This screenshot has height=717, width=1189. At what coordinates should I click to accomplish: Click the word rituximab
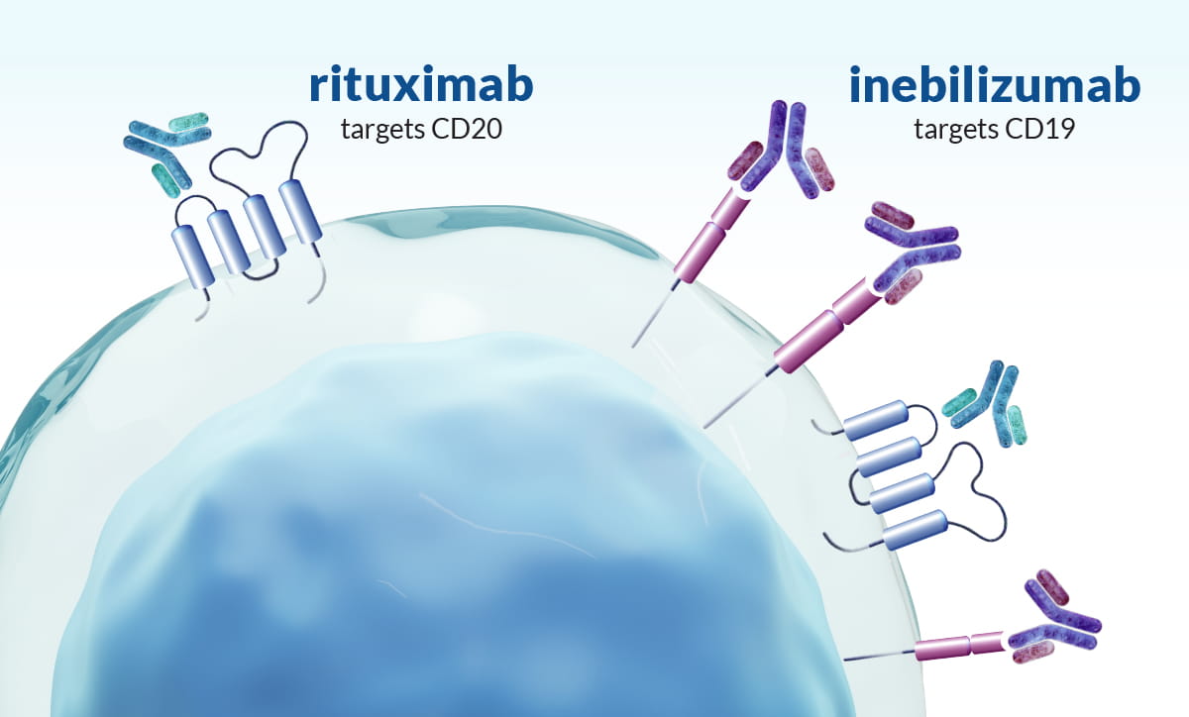421,84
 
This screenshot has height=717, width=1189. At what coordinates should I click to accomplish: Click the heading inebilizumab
994,84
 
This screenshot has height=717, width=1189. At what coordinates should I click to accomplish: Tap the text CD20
467,129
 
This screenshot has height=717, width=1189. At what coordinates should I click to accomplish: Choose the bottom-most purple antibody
1054,619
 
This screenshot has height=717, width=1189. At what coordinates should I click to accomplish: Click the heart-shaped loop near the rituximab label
259,153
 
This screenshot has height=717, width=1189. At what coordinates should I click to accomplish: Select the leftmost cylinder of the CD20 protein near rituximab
193,256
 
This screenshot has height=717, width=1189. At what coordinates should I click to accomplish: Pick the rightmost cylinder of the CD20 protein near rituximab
300,212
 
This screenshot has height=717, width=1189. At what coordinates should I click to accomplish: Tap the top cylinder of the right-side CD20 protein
876,420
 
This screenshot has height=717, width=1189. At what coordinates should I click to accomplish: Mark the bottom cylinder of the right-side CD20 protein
915,530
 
